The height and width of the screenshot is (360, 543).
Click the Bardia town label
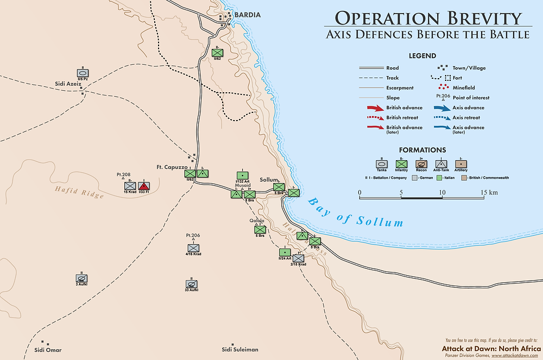(x=247, y=14)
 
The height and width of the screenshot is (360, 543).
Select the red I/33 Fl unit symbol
(x=144, y=186)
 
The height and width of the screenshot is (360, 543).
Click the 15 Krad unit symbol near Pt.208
(x=129, y=186)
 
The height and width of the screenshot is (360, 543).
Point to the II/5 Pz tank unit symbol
(x=83, y=73)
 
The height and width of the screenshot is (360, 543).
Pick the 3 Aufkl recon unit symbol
(x=81, y=278)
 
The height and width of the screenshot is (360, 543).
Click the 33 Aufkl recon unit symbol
(x=191, y=284)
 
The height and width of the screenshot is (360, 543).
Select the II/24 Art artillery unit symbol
(x=283, y=252)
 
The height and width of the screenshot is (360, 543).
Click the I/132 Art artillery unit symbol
(x=242, y=175)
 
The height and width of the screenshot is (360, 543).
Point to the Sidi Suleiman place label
(x=240, y=349)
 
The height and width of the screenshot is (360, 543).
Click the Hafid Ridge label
(x=79, y=192)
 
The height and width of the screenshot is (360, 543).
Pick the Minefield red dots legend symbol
(x=444, y=88)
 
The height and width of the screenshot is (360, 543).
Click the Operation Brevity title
(x=427, y=17)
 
